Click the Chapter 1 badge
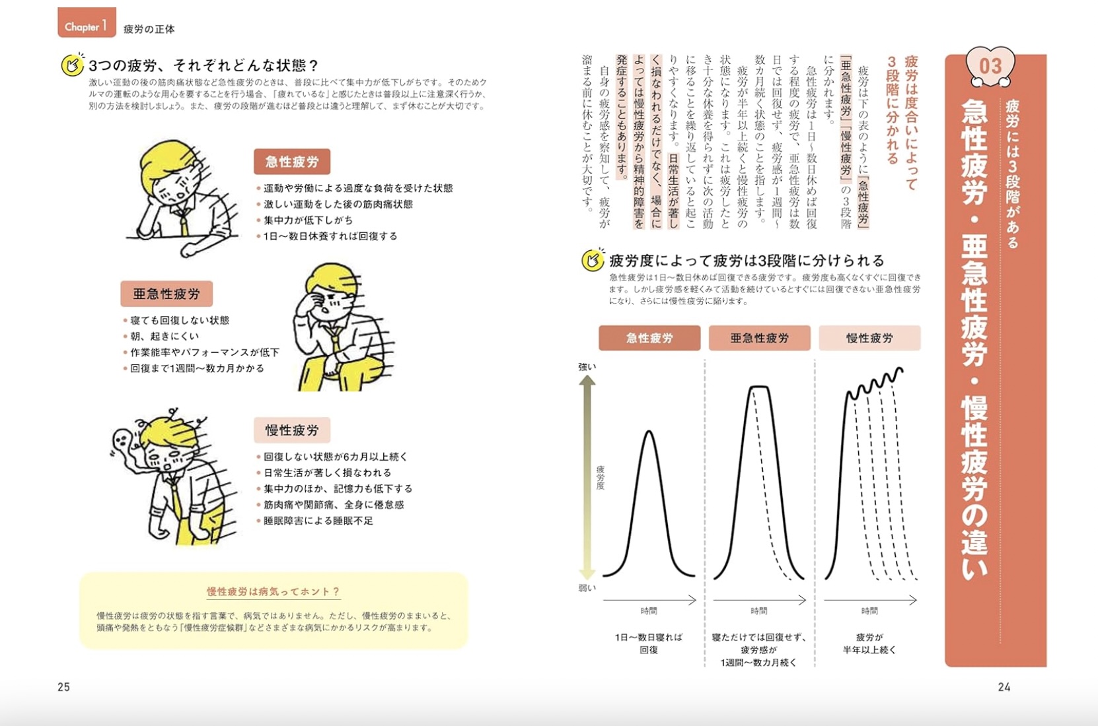87,24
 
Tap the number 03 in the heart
990,66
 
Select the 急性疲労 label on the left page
292,162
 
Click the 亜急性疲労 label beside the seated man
166,294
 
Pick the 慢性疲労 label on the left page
292,430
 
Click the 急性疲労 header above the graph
649,338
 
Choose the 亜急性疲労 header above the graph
759,338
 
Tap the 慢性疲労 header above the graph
869,338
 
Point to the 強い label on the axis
587,367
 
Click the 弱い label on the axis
587,588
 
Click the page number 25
63,687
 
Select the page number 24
1004,687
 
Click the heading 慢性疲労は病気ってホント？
273,591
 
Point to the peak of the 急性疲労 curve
649,432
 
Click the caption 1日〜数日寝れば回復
649,643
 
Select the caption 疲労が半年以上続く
869,643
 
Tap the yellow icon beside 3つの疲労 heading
72,65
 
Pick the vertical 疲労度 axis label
600,477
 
